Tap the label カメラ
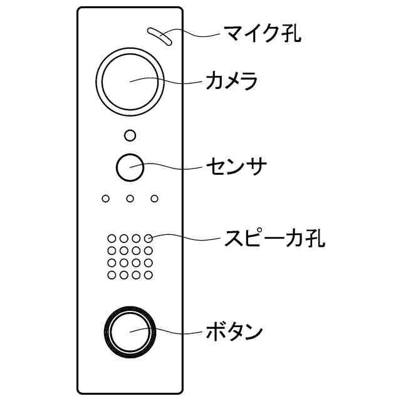pyautogui.click(x=231, y=81)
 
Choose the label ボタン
pyautogui.click(x=234, y=331)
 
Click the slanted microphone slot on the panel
pyautogui.click(x=159, y=36)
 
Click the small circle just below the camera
pyautogui.click(x=130, y=135)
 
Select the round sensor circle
pyautogui.click(x=130, y=167)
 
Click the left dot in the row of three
pyautogui.click(x=105, y=199)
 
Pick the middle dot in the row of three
pyautogui.click(x=130, y=199)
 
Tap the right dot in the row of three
pyautogui.click(x=154, y=199)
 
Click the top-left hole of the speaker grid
pyautogui.click(x=112, y=239)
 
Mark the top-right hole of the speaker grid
pyautogui.click(x=148, y=239)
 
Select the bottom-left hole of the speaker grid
pyautogui.click(x=112, y=274)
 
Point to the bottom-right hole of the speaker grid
pyautogui.click(x=148, y=274)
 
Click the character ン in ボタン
pyautogui.click(x=251, y=331)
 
